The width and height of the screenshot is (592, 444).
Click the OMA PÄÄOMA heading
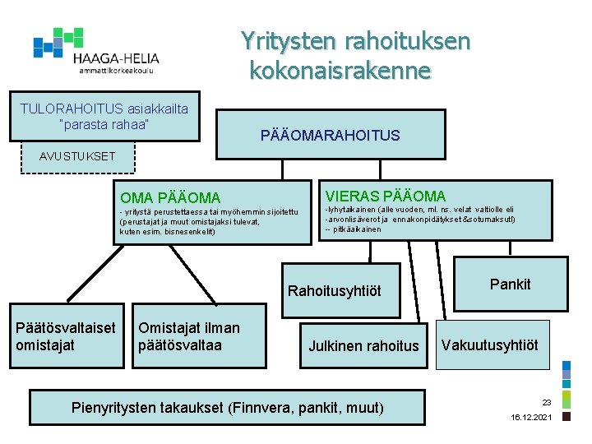coord(170,197)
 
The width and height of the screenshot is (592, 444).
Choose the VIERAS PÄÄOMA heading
coord(386,196)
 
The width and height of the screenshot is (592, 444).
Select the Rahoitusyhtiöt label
coord(335,291)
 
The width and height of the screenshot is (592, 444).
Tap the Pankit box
coord(510,284)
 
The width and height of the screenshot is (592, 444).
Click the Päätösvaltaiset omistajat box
coord(66,336)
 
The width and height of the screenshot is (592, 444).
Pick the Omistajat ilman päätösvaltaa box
coord(189,336)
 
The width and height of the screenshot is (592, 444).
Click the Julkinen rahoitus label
coord(363,346)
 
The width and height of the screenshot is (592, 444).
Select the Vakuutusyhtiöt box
coord(490,345)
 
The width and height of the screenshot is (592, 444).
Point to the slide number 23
coord(546,403)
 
